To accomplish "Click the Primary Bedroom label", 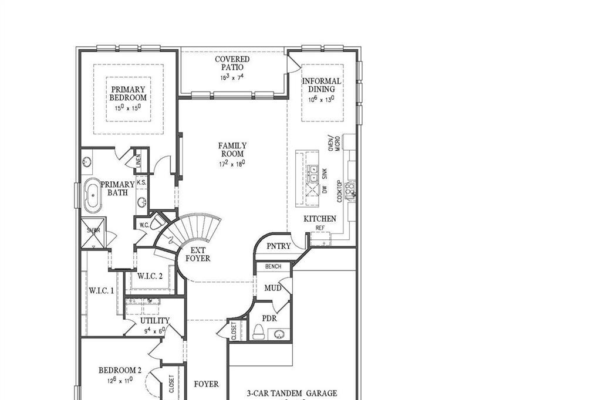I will (x=128, y=94).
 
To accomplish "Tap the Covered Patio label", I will (x=232, y=63).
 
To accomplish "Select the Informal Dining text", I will (x=321, y=85).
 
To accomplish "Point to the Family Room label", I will (x=232, y=150).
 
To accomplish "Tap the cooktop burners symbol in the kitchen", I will (x=350, y=188).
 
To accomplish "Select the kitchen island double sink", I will (x=313, y=174).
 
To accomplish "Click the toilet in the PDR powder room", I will (x=258, y=333).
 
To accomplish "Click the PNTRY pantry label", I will (x=278, y=246).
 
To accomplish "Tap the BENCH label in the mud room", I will (x=274, y=267).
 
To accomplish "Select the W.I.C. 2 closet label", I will (x=150, y=276).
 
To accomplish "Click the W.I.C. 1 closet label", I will (x=102, y=290).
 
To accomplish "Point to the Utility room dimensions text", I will (x=154, y=331).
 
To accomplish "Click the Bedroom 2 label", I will (x=120, y=370).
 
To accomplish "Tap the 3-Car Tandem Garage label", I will (x=292, y=394).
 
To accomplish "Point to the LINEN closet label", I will (x=139, y=162).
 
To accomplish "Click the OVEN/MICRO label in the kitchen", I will (x=333, y=144).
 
